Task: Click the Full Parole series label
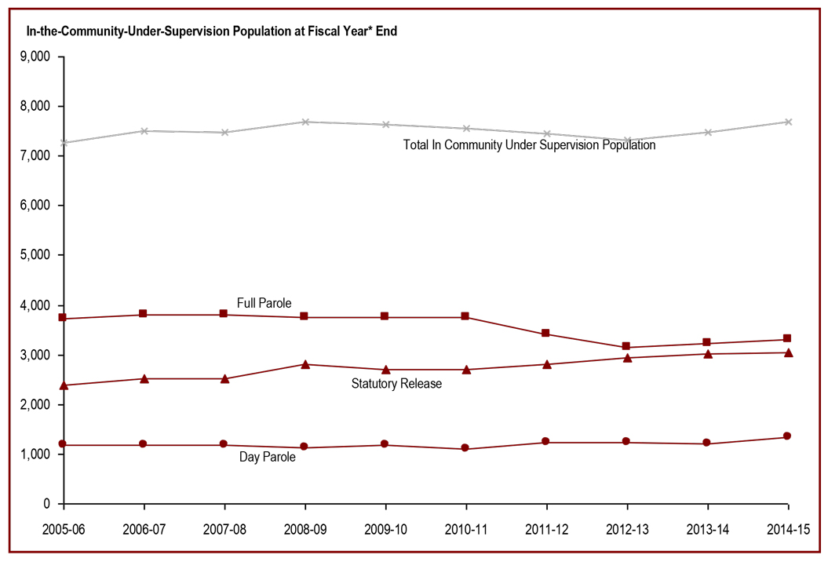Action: pyautogui.click(x=264, y=303)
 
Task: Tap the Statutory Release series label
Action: pyautogui.click(x=396, y=384)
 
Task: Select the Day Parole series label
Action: pyautogui.click(x=267, y=457)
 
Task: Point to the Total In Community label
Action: pyautogui.click(x=529, y=145)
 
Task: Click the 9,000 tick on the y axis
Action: pyautogui.click(x=35, y=57)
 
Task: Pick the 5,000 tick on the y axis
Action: pyautogui.click(x=35, y=255)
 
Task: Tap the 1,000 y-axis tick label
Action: pyautogui.click(x=35, y=454)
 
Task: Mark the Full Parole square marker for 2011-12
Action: pyautogui.click(x=546, y=334)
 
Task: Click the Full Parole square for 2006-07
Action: pyautogui.click(x=144, y=314)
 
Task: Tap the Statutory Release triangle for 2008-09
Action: pyautogui.click(x=305, y=364)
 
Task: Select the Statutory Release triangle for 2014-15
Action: pyautogui.click(x=788, y=352)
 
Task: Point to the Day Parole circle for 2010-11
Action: pyautogui.click(x=465, y=448)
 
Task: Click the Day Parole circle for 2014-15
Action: pyautogui.click(x=788, y=436)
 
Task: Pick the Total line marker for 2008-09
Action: pyautogui.click(x=305, y=122)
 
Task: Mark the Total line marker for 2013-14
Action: pyautogui.click(x=707, y=132)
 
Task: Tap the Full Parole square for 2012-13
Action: pyautogui.click(x=626, y=346)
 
